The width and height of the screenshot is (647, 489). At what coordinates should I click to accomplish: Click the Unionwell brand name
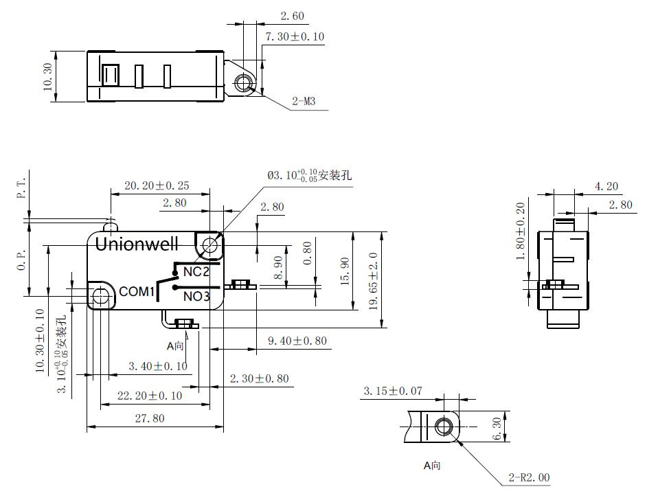[x=137, y=244]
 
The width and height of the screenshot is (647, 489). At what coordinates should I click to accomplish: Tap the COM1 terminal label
[x=137, y=292]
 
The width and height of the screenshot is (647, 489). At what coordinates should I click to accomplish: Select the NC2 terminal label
[x=196, y=272]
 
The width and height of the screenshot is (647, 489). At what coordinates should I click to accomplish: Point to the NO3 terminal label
[x=196, y=297]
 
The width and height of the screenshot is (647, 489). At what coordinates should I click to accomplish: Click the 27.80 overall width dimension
[x=149, y=418]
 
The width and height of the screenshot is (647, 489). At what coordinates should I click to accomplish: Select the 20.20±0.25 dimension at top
[x=157, y=185]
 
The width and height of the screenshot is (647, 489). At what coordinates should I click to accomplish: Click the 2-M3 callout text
[x=304, y=102]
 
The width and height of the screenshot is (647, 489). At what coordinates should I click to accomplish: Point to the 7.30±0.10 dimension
[x=295, y=36]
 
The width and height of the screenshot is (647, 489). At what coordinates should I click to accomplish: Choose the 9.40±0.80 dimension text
[x=297, y=340]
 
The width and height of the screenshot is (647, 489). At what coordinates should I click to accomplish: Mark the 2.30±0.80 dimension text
[x=259, y=378]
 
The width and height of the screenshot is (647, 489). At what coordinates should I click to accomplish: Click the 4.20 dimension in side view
[x=587, y=185]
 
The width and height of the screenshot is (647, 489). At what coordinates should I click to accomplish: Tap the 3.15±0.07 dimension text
[x=392, y=391]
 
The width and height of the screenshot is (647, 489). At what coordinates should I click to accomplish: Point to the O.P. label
[x=21, y=260]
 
